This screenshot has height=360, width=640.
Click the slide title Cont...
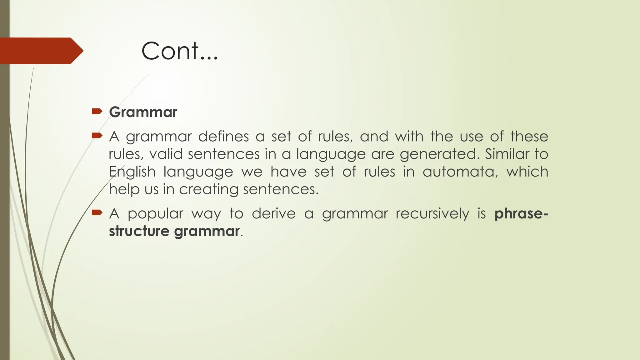tap(179, 51)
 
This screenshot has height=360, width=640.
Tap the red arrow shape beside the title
tap(41, 51)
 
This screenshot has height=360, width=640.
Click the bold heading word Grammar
tap(143, 112)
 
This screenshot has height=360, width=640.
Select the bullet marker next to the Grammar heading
tap(97, 111)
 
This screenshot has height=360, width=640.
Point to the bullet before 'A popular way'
tap(97, 213)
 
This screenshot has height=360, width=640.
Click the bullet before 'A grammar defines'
tap(97, 136)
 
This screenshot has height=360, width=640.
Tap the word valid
tap(166, 154)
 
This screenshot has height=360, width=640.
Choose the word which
tap(527, 172)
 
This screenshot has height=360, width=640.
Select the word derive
tap(273, 214)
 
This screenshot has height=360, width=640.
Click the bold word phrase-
tap(521, 214)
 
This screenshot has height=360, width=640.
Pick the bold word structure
tap(139, 231)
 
